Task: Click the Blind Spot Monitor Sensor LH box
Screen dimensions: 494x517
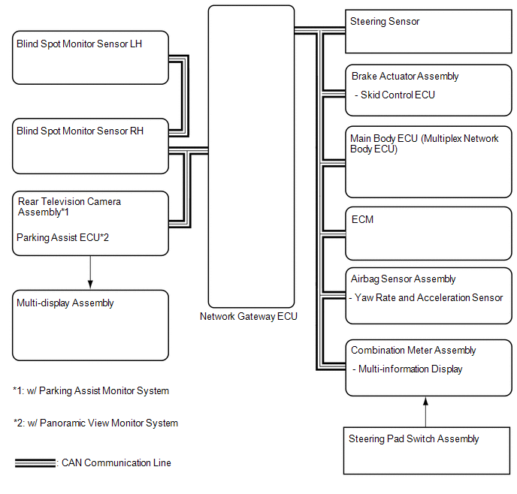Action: pos(90,58)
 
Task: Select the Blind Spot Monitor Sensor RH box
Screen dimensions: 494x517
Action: pos(90,144)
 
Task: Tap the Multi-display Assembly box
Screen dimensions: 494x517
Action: pos(90,325)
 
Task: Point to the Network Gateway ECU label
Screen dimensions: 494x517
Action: pos(248,316)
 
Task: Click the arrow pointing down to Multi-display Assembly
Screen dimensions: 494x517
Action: pos(90,272)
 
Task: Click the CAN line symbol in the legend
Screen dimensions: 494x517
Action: pos(35,463)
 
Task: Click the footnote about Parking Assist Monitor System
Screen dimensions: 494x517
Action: pos(91,391)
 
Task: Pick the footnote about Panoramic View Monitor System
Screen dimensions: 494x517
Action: pos(95,423)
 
